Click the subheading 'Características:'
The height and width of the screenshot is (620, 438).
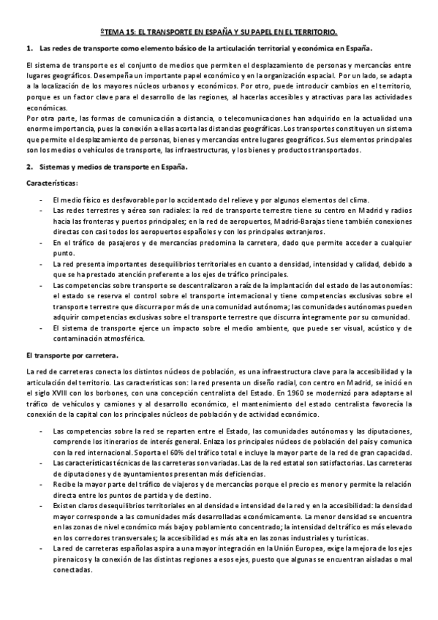49,182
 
